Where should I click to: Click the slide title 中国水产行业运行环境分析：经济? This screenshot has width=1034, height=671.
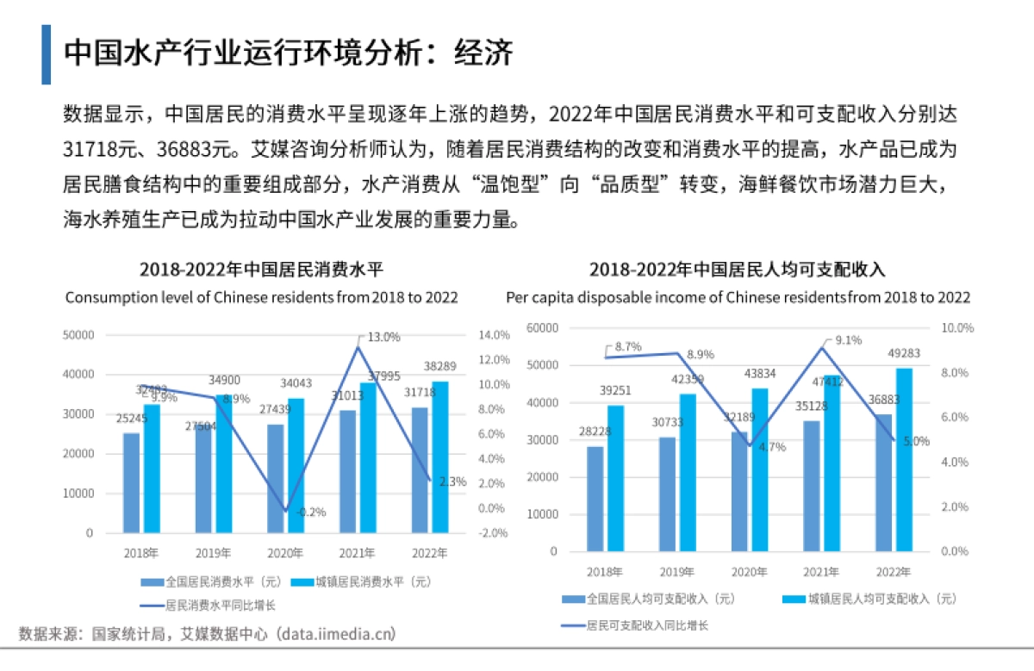pos(289,53)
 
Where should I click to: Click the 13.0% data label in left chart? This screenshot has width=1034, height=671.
pos(384,336)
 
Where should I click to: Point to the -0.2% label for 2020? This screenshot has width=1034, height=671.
pos(311,512)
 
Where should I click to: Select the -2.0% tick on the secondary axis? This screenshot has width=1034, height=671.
pos(493,533)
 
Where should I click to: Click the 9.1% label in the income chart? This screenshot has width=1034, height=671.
pos(848,340)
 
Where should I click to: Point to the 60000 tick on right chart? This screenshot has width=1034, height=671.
pos(543,328)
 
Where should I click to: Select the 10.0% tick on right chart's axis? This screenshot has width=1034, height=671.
pos(957,328)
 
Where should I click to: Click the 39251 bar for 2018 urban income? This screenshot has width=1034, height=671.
pos(615,478)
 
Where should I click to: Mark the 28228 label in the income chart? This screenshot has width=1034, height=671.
pos(595,431)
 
